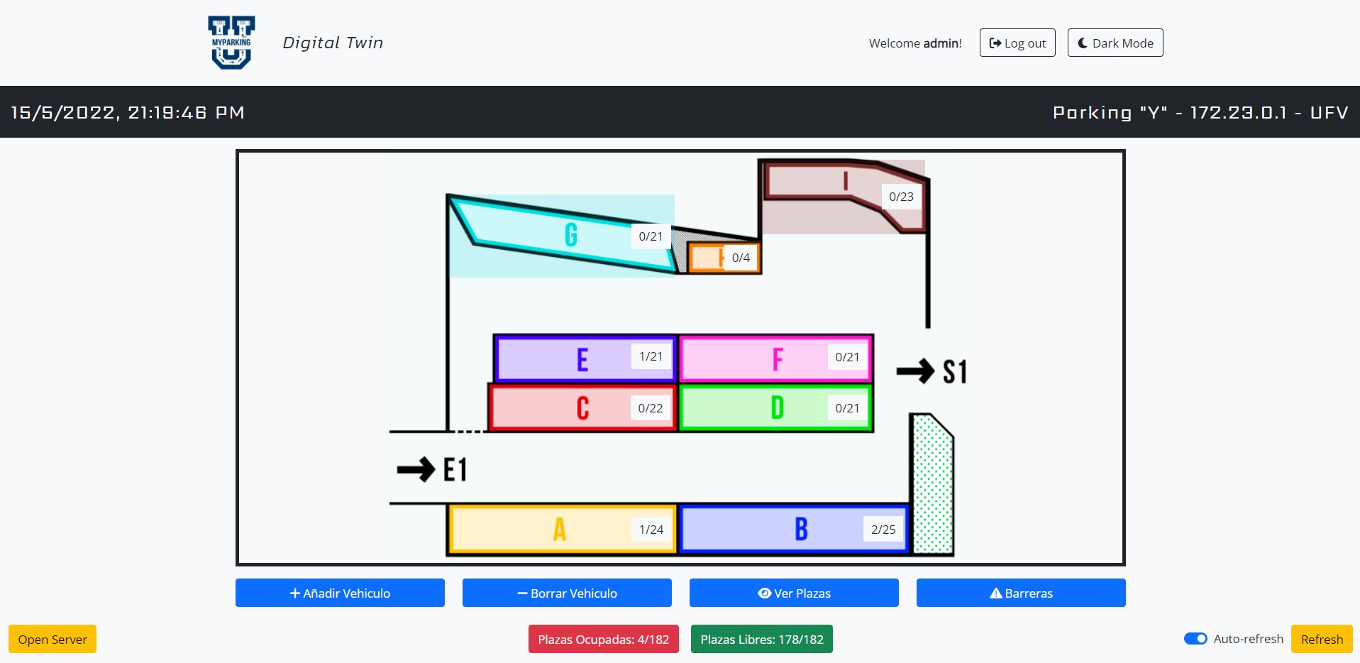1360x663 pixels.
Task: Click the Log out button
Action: [1017, 43]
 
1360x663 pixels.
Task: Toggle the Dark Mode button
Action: [1115, 43]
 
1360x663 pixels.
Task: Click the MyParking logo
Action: [231, 43]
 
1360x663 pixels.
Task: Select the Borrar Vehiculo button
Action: [567, 593]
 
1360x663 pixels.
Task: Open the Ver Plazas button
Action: [794, 593]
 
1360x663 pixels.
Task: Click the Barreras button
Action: [1021, 593]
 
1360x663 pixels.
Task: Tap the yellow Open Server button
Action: [52, 639]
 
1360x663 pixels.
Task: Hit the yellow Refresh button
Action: [1322, 639]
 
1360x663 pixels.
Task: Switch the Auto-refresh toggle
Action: [1195, 638]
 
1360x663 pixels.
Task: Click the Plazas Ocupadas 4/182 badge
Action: [603, 639]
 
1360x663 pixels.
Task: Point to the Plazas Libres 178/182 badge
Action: [762, 639]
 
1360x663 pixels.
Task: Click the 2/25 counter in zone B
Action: [883, 530]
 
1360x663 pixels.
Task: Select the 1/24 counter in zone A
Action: [651, 530]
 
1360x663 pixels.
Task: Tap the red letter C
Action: [582, 408]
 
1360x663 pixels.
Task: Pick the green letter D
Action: [778, 408]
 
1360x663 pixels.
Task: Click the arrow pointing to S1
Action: [915, 371]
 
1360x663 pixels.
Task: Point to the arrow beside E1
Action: [416, 469]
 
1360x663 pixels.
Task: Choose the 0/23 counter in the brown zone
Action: [901, 197]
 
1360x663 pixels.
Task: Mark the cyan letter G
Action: [571, 234]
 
